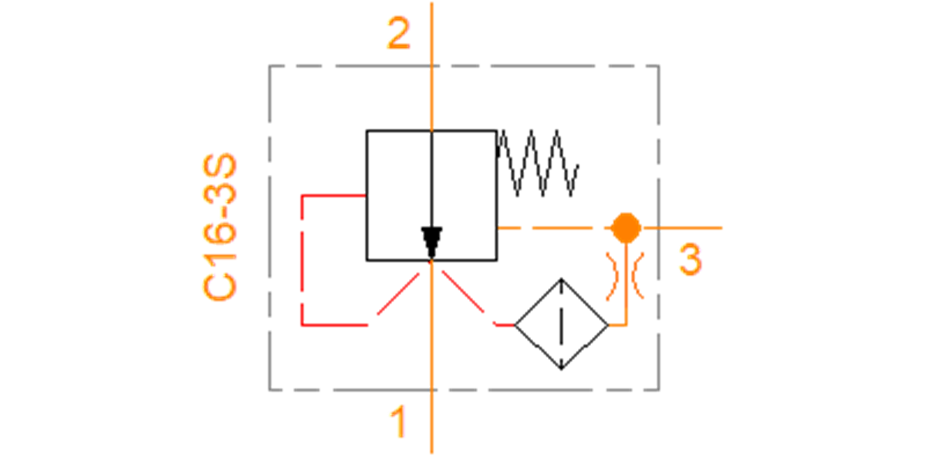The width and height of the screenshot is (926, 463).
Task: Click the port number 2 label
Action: [x=398, y=33]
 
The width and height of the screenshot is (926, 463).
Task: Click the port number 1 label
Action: [x=398, y=421]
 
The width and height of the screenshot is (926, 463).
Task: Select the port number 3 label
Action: [x=691, y=259]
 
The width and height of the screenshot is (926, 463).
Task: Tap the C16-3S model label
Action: [x=219, y=227]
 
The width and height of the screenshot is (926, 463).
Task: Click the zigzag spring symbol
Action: [x=537, y=163]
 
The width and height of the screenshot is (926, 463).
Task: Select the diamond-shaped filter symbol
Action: [x=561, y=325]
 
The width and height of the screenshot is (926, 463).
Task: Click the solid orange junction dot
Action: [x=626, y=228]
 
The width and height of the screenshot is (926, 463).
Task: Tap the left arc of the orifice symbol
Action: [x=613, y=276]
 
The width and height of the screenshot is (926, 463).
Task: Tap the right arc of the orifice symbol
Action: [x=637, y=275]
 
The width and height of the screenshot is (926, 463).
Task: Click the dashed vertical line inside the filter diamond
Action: [x=561, y=325]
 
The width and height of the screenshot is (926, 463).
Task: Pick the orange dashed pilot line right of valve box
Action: [x=554, y=228]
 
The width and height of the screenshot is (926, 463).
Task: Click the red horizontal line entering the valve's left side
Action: [x=334, y=195]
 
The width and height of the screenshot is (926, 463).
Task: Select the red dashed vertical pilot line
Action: [x=302, y=261]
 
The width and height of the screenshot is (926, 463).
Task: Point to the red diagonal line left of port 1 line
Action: [x=398, y=293]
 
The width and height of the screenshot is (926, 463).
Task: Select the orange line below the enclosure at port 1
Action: [x=431, y=421]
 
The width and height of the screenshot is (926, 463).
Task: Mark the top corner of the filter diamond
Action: [x=561, y=279]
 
